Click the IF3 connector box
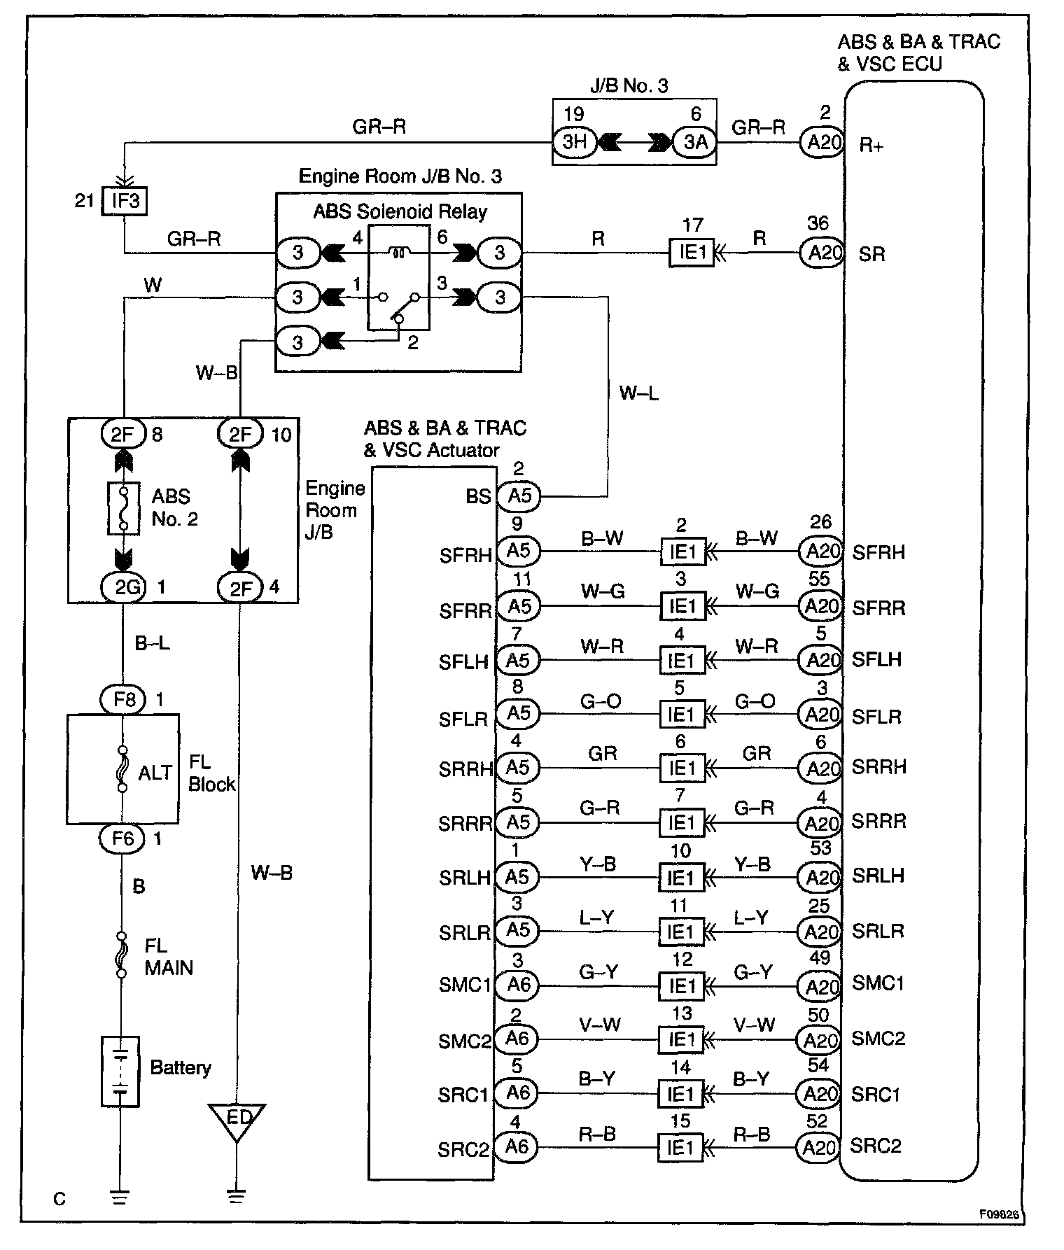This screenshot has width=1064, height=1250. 125,202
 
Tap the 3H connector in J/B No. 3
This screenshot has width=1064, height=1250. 574,142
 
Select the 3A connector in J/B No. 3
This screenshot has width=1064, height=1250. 694,142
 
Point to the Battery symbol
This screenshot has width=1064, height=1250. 120,1071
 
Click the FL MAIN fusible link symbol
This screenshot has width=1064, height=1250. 122,955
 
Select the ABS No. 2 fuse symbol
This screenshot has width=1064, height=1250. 123,509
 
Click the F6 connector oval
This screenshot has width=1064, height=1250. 123,838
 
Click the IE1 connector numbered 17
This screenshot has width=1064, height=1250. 692,253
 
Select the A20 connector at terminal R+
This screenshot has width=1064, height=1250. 822,143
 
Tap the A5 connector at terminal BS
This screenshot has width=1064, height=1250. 519,496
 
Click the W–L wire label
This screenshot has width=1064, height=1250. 638,393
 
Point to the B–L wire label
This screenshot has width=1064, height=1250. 152,643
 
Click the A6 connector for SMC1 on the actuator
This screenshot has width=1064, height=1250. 518,985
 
